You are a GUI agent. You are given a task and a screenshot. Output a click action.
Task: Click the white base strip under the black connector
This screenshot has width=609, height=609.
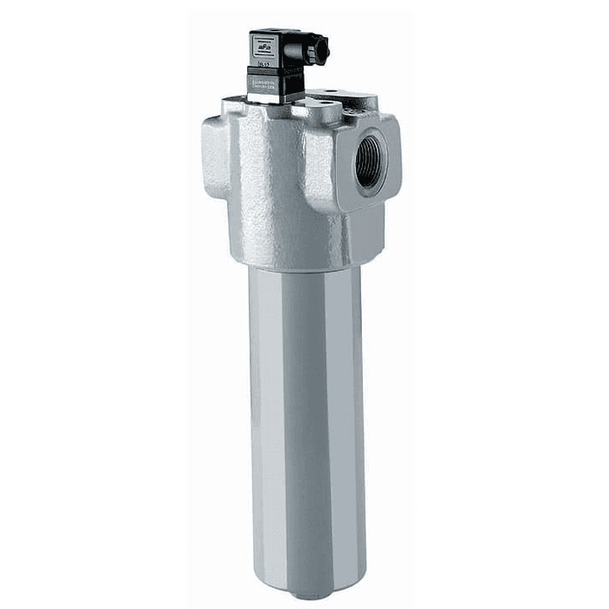(x=276, y=98)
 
